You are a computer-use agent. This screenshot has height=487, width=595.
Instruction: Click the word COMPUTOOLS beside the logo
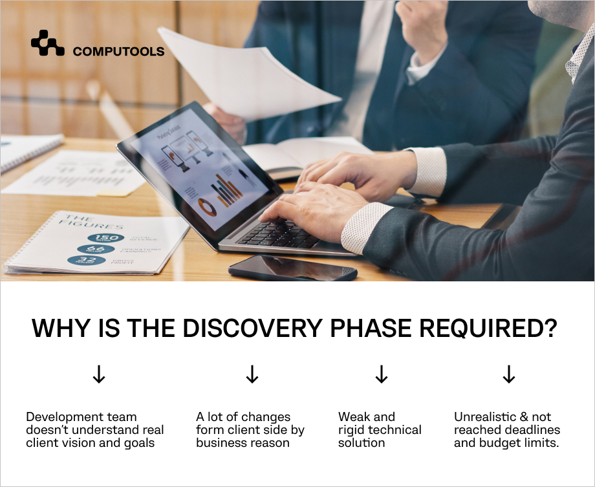[x=118, y=52]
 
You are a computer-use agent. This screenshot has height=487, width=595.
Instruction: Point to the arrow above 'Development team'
[x=99, y=374]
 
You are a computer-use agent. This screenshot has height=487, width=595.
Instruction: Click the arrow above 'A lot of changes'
[x=252, y=374]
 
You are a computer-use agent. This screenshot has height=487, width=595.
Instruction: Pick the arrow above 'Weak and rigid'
[x=382, y=374]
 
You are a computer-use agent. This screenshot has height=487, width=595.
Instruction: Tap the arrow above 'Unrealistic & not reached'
[x=509, y=374]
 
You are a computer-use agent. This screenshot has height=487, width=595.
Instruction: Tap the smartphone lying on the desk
[x=292, y=267]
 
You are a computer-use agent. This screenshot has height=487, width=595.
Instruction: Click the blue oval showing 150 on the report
[x=109, y=238]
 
